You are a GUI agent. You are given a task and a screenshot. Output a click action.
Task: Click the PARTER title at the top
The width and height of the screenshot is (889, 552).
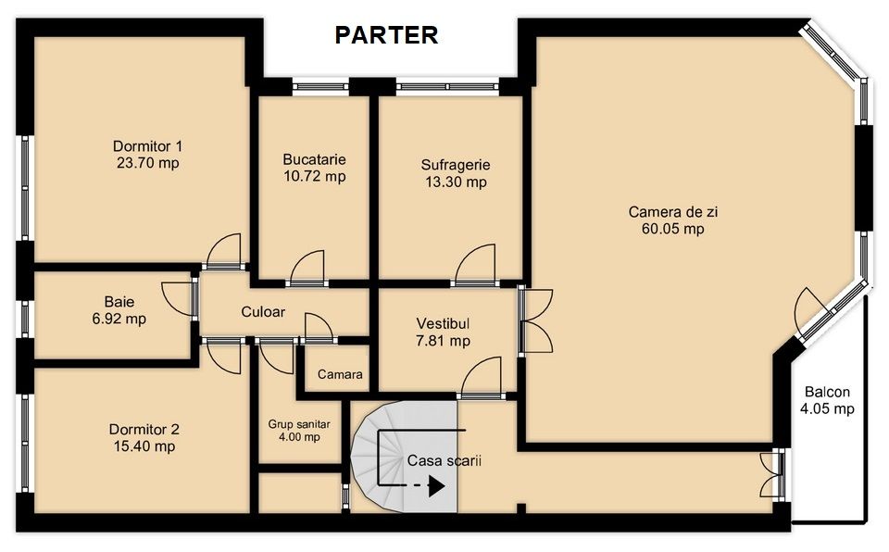[x=386, y=35]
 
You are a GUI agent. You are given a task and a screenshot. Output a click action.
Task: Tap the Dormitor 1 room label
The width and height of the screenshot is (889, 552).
[x=148, y=146]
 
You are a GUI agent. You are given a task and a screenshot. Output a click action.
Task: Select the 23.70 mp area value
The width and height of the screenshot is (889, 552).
[x=148, y=163]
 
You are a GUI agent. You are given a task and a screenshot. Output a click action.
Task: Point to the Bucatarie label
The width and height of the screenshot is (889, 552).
[x=314, y=160]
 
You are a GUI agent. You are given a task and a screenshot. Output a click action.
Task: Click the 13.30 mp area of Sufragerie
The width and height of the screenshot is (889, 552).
[x=456, y=182]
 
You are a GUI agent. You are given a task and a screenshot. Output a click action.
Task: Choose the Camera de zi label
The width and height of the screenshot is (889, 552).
[x=673, y=212]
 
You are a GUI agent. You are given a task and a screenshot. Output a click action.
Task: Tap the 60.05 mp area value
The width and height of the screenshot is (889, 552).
[x=673, y=229]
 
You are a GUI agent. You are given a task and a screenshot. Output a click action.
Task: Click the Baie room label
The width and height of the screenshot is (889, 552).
[x=119, y=302]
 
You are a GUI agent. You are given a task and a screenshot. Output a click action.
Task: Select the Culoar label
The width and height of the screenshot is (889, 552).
[x=263, y=311]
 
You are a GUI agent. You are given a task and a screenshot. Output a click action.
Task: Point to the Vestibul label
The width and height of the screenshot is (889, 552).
[x=443, y=324]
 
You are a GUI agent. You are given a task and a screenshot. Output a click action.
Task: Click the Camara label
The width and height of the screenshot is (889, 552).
[x=340, y=374]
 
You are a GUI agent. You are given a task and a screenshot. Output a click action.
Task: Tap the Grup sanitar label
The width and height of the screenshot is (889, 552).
[x=299, y=425]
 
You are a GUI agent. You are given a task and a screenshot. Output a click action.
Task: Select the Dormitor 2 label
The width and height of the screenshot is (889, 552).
[x=144, y=430]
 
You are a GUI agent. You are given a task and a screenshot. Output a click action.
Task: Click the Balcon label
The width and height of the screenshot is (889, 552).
[x=827, y=392]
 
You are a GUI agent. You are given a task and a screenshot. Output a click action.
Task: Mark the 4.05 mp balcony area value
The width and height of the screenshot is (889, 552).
[x=827, y=408]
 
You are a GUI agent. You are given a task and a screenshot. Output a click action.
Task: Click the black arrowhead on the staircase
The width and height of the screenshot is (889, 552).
[x=436, y=486]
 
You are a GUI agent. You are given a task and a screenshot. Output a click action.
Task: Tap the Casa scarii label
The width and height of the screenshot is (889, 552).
[x=444, y=460]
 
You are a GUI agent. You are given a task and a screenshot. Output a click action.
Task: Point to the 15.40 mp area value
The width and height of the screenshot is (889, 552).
[x=144, y=446]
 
